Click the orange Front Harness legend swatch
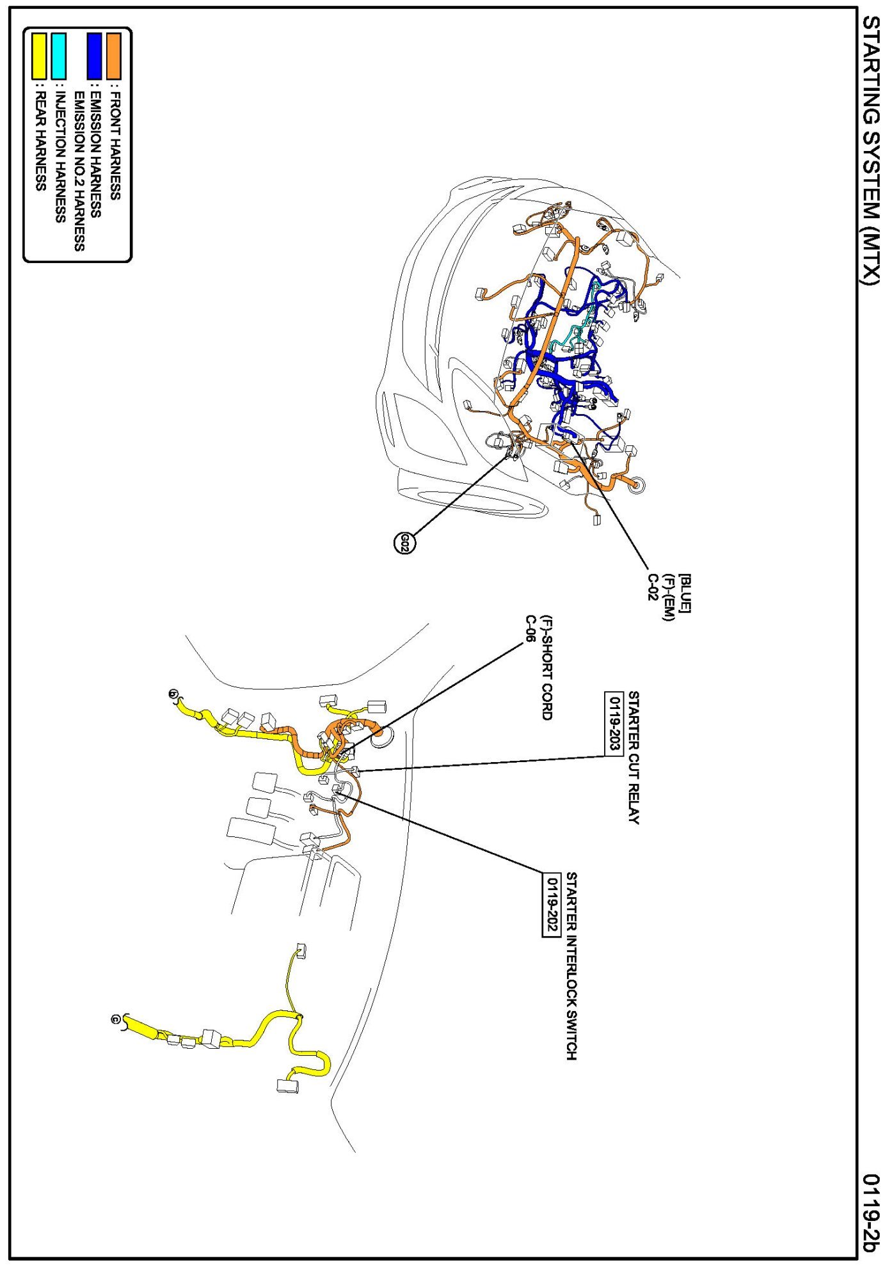tap(114, 56)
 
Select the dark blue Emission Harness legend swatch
tap(95, 56)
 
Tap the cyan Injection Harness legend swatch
tap(58, 56)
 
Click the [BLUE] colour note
tap(685, 593)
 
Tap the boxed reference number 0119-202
tap(552, 905)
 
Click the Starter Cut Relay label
tap(634, 758)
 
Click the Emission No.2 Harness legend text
tap(79, 171)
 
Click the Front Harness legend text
tap(115, 145)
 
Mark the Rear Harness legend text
tap(40, 141)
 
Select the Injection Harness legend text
tap(60, 157)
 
